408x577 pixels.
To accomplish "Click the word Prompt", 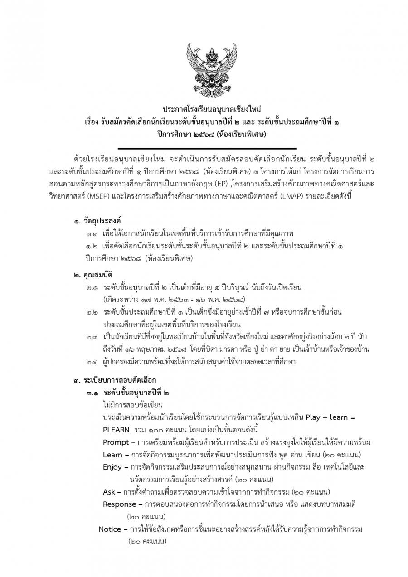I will pyautogui.click(x=116, y=442).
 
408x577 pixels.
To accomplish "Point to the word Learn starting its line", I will pyautogui.click(x=112, y=455).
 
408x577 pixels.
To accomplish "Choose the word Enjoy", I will pyautogui.click(x=112, y=467).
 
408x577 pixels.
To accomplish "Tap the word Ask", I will pyautogui.click(x=109, y=492).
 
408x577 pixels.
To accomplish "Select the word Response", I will pyautogui.click(x=119, y=504).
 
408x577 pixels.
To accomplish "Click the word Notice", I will pyautogui.click(x=110, y=529).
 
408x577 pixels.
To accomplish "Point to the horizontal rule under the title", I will pyautogui.click(x=207, y=148).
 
